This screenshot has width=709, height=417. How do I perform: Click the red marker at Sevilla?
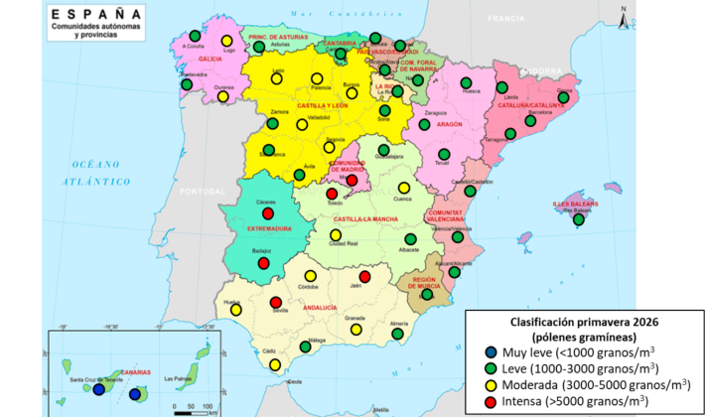tap(275, 303)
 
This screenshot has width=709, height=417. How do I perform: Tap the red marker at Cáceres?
tap(267, 213)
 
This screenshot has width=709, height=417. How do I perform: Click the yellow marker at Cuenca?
tap(403, 188)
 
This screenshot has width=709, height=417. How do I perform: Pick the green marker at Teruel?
tap(443, 153)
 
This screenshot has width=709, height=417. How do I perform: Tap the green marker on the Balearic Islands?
tap(579, 219)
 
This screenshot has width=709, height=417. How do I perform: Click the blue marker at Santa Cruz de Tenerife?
tap(97, 390)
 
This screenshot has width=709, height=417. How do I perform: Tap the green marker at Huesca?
tap(466, 82)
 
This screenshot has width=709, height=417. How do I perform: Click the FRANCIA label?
tap(505, 19)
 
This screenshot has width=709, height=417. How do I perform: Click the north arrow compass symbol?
tap(621, 17)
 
